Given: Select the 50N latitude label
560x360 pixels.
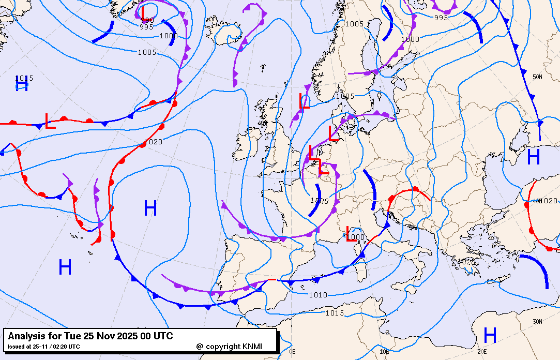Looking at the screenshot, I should click(537, 77).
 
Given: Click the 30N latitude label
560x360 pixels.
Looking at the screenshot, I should click(537, 322).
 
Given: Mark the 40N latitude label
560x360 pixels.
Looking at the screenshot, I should click(538, 201).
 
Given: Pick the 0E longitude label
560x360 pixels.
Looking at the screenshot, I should click(293, 351).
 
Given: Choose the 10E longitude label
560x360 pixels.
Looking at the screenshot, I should click(384, 351).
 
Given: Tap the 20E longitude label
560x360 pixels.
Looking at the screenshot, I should click(482, 351).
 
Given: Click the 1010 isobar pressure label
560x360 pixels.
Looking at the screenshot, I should click(318, 295).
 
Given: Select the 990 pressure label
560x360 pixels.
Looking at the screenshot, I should click(147, 20).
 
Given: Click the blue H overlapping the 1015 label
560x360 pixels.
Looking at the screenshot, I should click(22, 84).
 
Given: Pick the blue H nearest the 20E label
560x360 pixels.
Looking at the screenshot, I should click(490, 335).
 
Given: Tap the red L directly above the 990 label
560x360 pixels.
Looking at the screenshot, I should click(143, 10).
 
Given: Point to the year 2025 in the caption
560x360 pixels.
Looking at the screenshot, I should click(124, 337).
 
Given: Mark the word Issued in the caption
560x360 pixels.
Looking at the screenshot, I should click(16, 347).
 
